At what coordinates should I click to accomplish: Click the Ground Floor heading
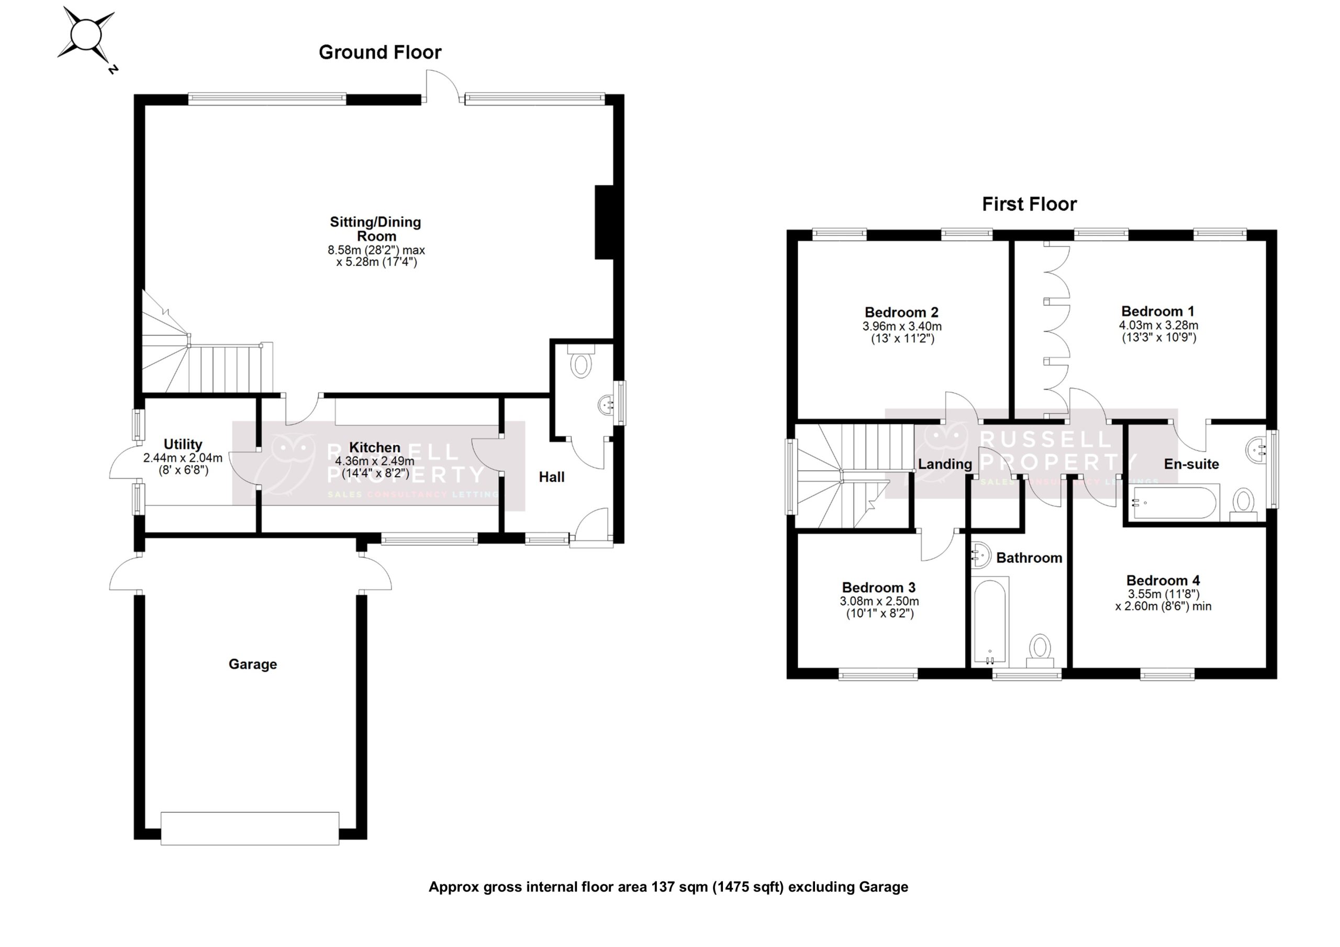380,52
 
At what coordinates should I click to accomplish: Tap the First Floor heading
1029,204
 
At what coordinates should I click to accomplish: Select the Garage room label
253,664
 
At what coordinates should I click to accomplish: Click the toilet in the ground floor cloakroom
580,363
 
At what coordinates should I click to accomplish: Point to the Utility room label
183,444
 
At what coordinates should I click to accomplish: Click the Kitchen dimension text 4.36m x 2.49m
374,461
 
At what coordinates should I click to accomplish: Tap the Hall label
552,477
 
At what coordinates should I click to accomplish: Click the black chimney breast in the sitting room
604,222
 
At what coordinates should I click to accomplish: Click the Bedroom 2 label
901,312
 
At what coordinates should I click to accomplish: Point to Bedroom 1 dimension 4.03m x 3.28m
1158,325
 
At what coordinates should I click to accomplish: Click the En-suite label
1191,465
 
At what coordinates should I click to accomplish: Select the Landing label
945,465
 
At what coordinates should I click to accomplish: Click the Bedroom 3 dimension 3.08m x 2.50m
879,601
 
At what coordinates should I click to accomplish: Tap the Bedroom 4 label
1163,581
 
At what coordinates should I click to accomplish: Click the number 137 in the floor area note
663,887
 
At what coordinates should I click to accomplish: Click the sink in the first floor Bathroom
980,554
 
